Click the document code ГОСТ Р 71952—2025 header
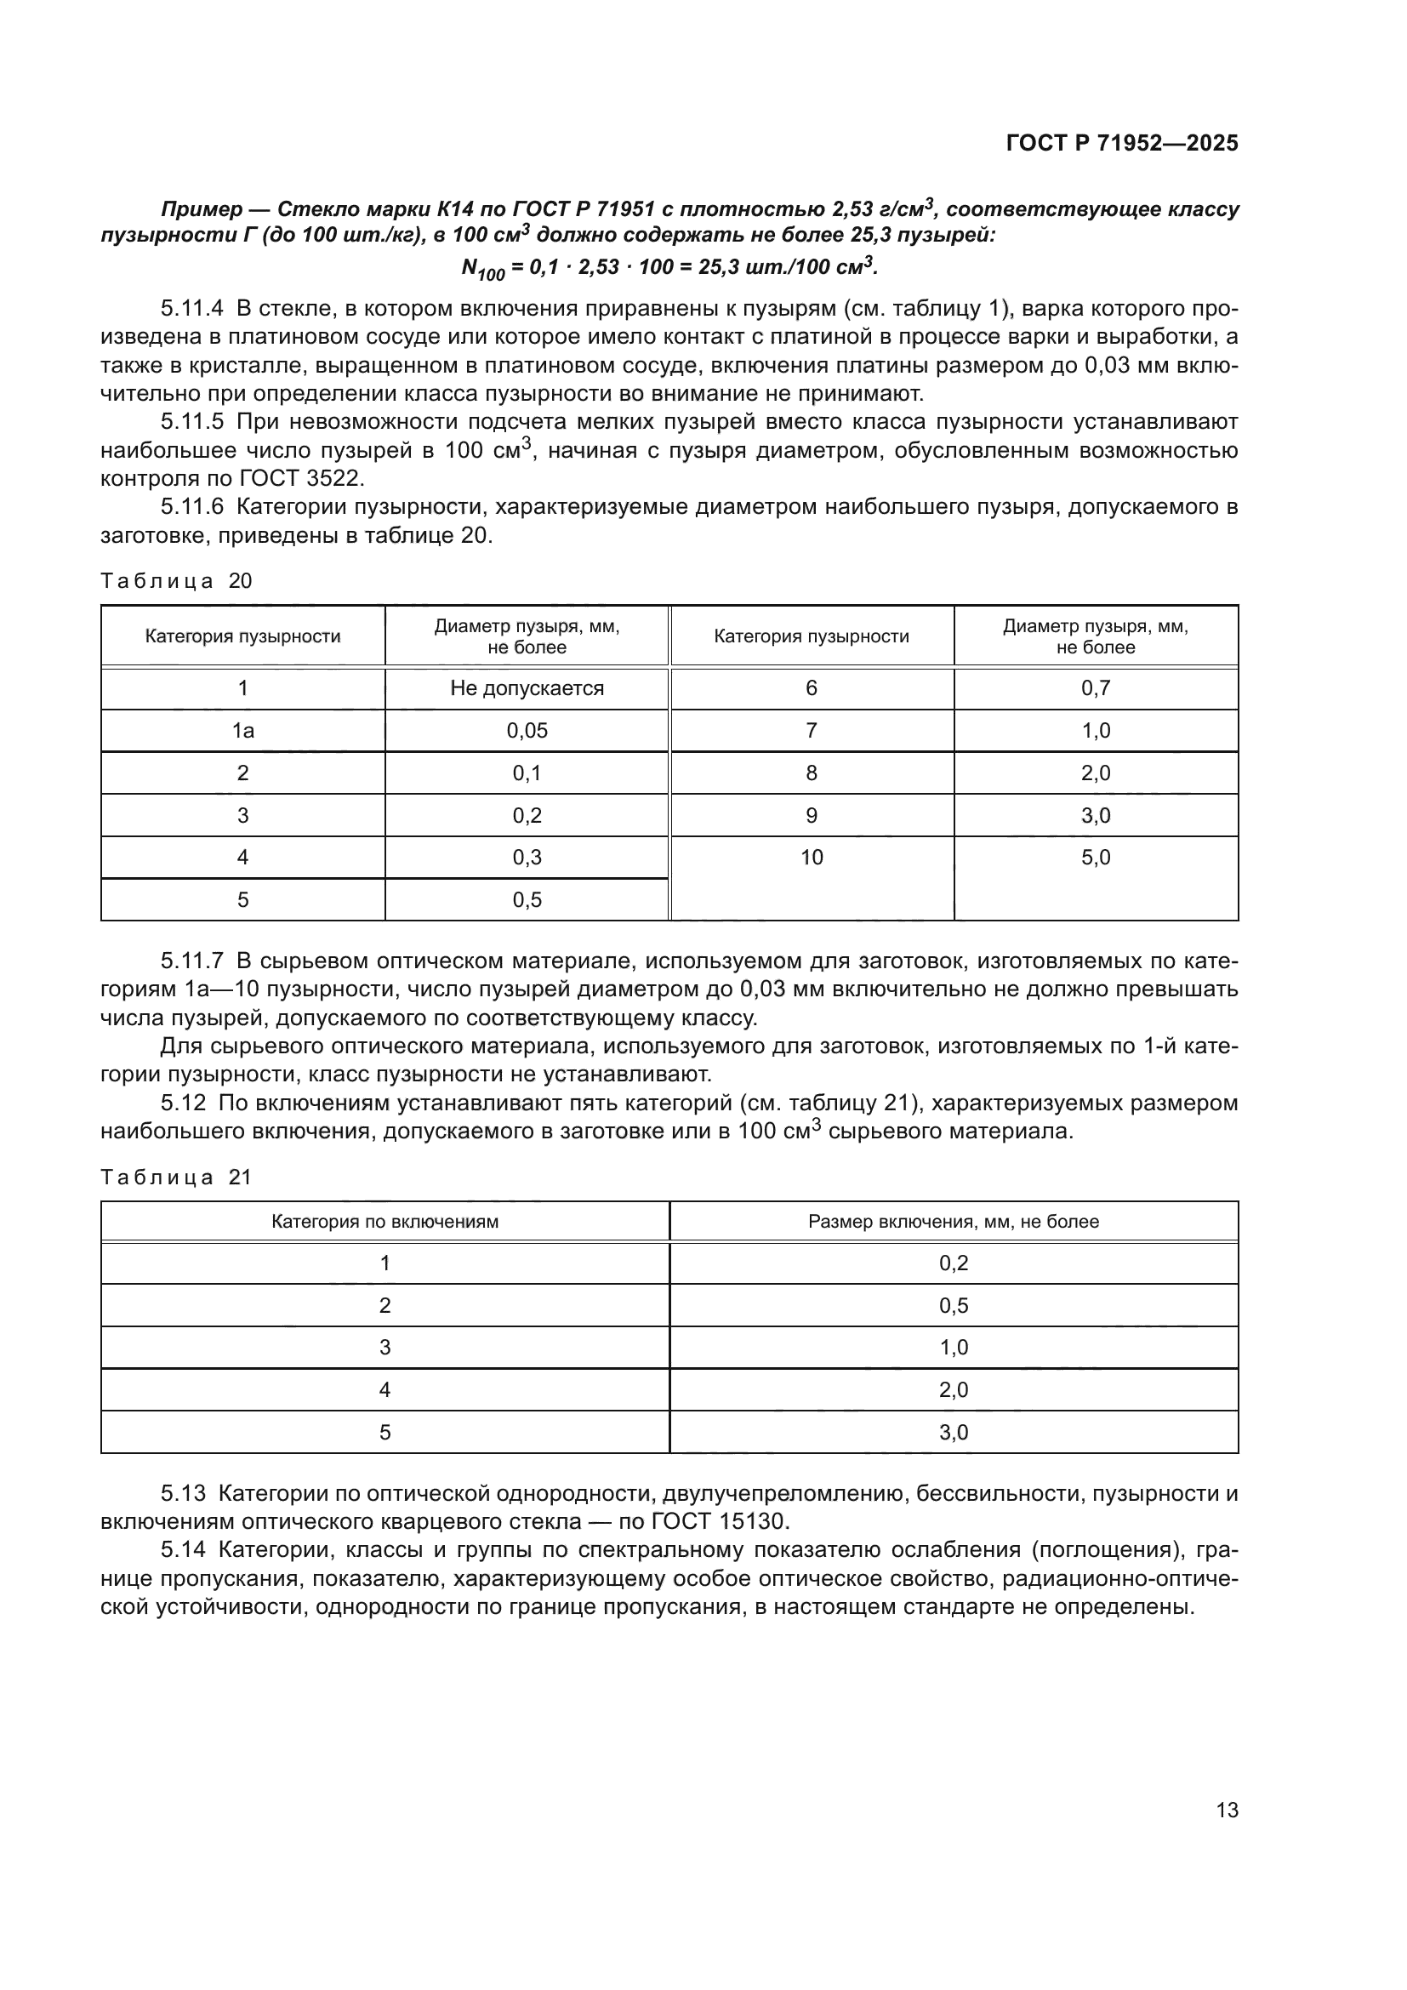1122,144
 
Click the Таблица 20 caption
176,581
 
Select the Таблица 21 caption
176,1177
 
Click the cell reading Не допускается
527,688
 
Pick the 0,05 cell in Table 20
527,731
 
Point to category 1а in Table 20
242,731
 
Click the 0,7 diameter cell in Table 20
1095,688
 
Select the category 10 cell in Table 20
811,858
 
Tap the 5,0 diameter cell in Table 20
1095,858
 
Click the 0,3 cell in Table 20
527,858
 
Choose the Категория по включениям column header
385,1221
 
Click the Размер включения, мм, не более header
953,1221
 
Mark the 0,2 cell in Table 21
953,1263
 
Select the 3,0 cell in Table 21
953,1432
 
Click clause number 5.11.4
191,308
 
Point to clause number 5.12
183,1103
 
